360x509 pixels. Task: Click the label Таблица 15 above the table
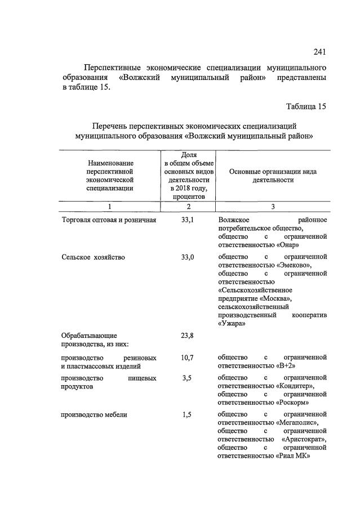pos(306,106)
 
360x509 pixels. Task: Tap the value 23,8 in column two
pos(188,336)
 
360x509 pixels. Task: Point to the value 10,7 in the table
pos(188,358)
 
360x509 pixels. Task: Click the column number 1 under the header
pos(110,207)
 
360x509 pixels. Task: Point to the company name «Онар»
pos(288,245)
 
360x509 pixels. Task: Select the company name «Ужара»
pos(231,324)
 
